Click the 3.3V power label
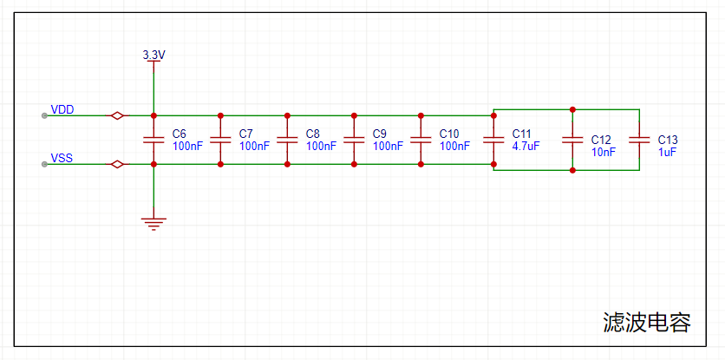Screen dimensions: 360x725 coord(153,55)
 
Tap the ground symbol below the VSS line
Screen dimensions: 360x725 coord(153,224)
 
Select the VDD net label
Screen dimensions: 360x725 coord(62,109)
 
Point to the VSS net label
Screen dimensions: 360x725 coord(62,158)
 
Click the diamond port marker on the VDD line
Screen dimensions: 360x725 coord(115,115)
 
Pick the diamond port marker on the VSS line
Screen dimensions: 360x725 coord(115,164)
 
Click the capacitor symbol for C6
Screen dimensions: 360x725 coord(153,140)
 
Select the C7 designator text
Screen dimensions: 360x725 coord(245,134)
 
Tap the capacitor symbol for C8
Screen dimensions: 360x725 coord(287,140)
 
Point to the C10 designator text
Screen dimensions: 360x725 coord(449,134)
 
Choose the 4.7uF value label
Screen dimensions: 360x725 coord(526,147)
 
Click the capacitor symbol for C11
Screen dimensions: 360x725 coord(493,140)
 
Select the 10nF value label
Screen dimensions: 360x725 coord(604,152)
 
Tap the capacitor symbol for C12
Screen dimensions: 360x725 coord(572,140)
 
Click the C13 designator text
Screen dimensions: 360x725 coord(668,139)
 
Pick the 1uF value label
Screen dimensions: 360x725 coord(667,152)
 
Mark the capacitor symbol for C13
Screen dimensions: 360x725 coord(639,140)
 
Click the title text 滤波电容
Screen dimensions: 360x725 coord(647,323)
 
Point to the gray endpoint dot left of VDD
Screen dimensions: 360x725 coord(44,115)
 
